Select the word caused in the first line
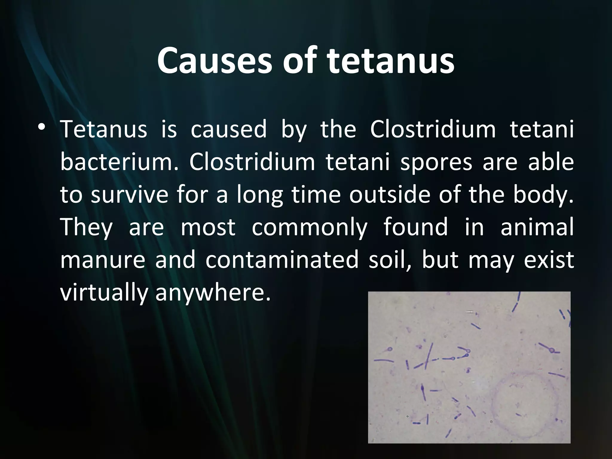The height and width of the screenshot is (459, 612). click(229, 129)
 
